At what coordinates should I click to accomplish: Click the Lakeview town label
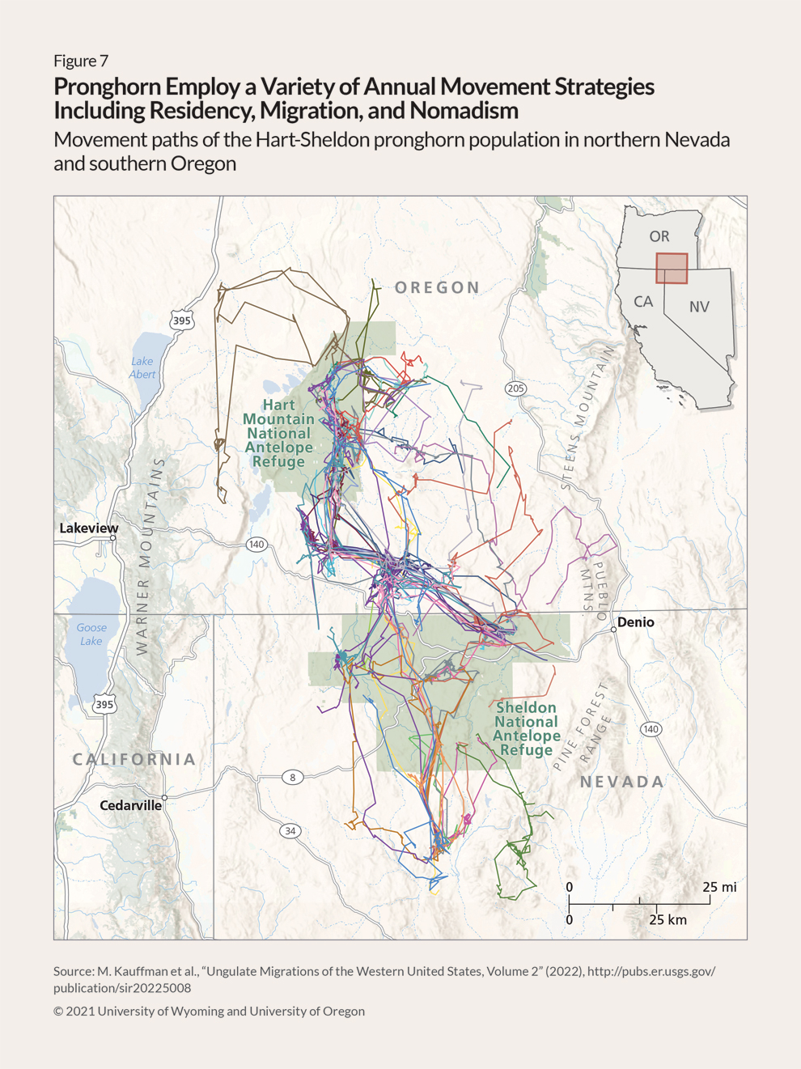89,528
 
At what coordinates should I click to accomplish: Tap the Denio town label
635,622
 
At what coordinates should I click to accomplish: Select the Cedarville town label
130,805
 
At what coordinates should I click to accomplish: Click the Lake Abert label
142,368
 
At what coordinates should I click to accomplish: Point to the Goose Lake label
91,634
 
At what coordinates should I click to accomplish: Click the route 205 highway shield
515,388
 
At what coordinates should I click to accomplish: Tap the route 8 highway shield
293,777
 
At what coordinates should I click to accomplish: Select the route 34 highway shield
290,831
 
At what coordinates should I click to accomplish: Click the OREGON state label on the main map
438,287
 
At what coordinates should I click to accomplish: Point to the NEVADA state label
622,782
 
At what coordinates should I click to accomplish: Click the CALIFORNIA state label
134,759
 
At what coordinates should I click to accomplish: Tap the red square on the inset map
672,269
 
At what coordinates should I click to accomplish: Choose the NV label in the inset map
699,307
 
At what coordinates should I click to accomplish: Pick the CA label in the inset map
643,302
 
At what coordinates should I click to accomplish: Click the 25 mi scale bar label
719,887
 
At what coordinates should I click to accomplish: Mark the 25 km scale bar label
667,920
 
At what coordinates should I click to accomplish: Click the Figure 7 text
81,61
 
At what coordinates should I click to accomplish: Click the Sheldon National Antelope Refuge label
526,728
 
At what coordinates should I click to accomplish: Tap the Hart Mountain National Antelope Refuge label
278,433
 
